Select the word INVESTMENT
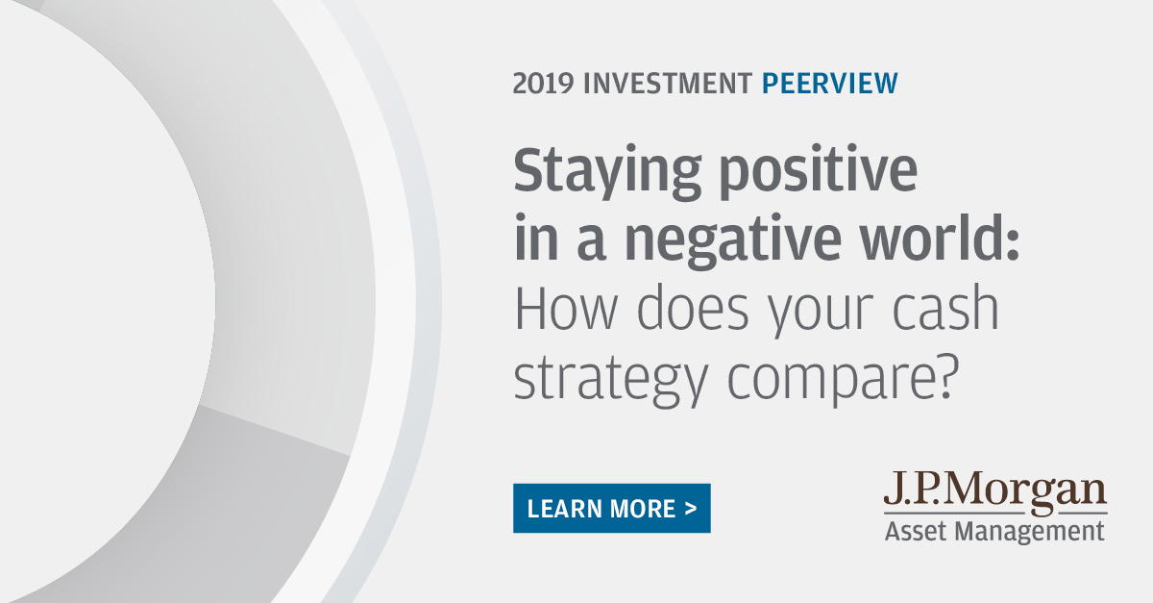point(669,85)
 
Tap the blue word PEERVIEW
point(829,85)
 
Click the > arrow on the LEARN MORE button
point(691,509)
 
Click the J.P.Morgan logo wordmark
point(995,492)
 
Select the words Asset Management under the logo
point(994,531)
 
